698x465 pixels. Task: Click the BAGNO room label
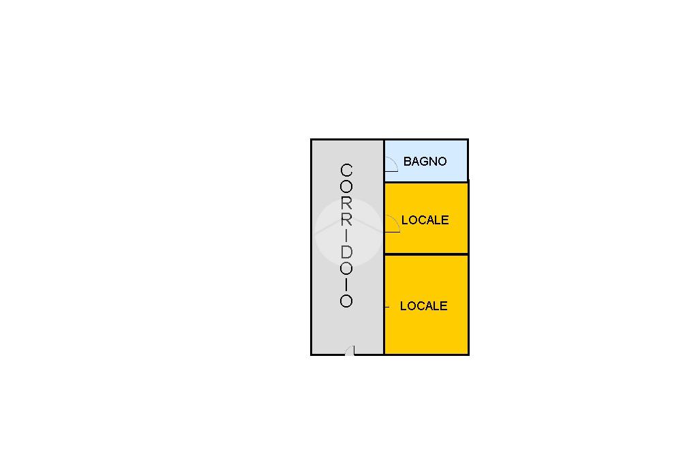click(425, 162)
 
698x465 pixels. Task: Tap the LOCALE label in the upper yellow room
click(425, 220)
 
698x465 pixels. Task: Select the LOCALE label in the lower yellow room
click(423, 306)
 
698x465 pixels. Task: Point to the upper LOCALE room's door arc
click(393, 224)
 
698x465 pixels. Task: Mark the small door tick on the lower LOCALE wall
click(387, 307)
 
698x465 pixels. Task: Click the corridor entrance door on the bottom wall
click(350, 350)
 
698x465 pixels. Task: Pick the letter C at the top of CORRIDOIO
click(346, 170)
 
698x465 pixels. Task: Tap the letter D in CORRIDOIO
click(346, 252)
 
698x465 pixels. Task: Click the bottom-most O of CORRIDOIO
click(346, 301)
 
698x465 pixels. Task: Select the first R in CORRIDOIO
click(346, 203)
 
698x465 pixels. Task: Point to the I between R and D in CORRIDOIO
click(346, 236)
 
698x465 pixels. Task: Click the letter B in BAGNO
click(408, 162)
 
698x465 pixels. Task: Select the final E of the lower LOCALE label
click(444, 306)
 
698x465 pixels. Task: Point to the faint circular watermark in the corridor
click(348, 232)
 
